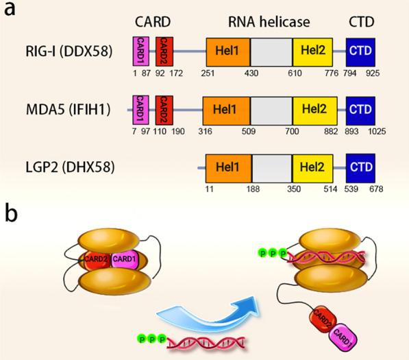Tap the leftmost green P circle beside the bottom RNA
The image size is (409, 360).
(x=140, y=338)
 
